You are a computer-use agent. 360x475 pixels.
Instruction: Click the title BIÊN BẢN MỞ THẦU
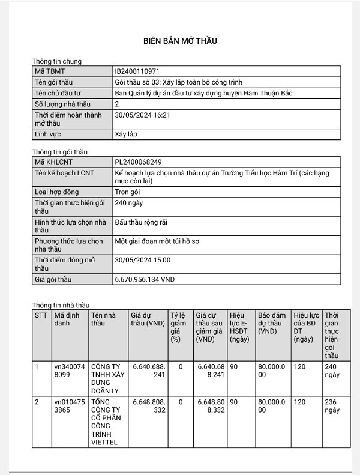179,41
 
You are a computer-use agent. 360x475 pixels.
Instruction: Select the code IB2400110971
137,71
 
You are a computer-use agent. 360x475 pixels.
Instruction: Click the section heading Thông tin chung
56,61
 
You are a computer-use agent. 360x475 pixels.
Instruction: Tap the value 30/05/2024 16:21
142,115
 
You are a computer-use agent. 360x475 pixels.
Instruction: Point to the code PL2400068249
137,162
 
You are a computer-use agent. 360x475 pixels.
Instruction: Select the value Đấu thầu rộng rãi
140,222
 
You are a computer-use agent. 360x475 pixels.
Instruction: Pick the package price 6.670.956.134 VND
145,280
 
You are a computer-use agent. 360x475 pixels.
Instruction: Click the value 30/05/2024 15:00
142,260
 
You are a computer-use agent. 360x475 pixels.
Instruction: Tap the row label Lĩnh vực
48,134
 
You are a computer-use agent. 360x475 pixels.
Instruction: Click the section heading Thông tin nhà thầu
61,306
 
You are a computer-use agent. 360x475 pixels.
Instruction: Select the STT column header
40,315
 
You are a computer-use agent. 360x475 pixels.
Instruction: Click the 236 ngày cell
331,407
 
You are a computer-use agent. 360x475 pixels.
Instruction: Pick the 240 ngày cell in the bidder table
331,370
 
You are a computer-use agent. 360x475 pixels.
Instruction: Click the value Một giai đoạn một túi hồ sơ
160,241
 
